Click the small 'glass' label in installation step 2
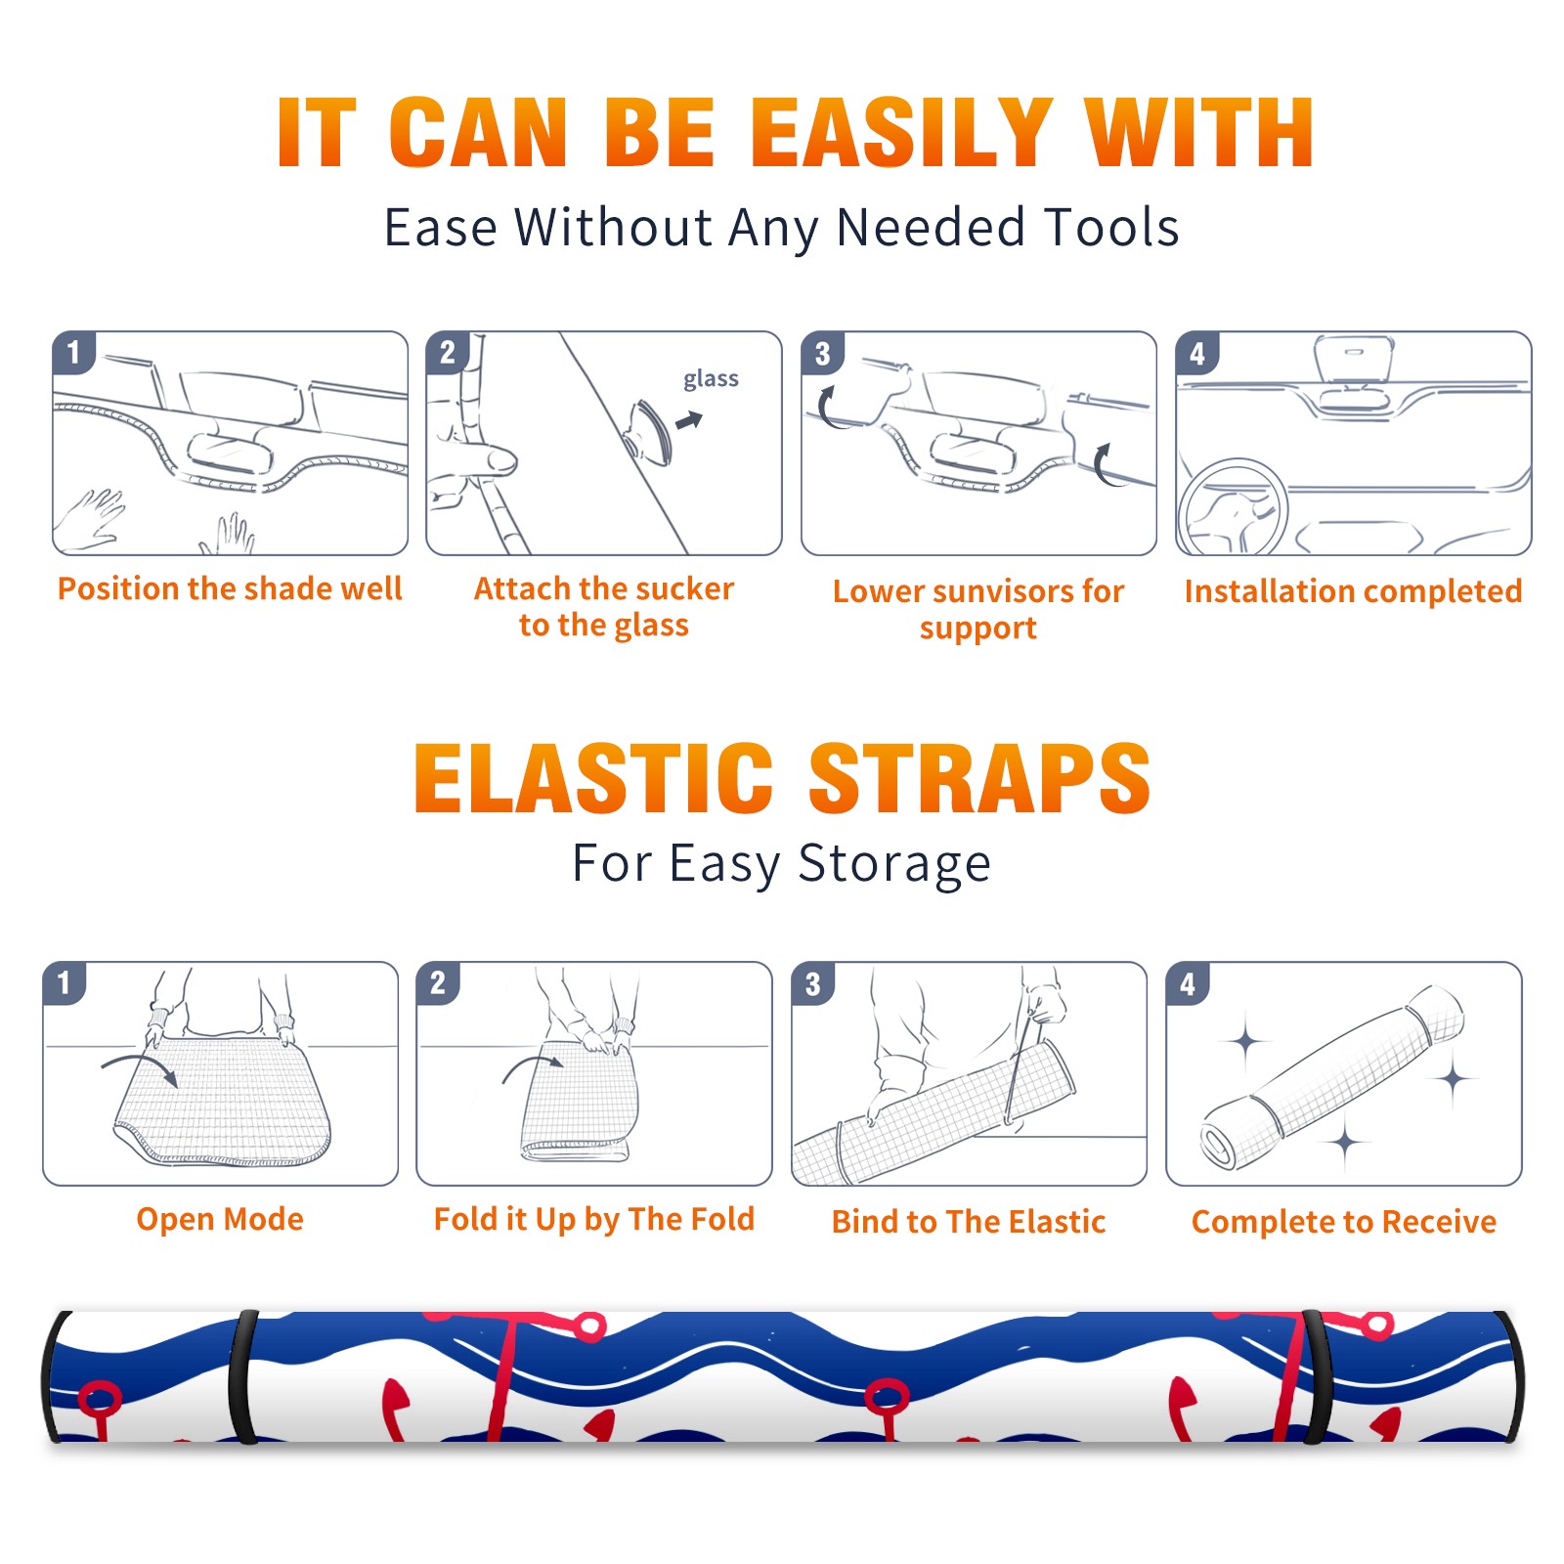(x=711, y=379)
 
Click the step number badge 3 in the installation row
(x=821, y=353)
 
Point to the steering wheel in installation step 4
(x=1233, y=506)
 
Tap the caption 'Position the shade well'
(x=230, y=588)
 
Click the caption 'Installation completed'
(x=1353, y=591)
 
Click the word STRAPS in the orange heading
(x=979, y=778)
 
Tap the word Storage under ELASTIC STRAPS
(x=894, y=864)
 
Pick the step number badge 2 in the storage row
(x=437, y=982)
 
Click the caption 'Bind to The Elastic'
(x=969, y=1222)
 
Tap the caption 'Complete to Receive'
(x=1344, y=1222)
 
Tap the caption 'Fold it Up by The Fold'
(x=594, y=1219)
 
